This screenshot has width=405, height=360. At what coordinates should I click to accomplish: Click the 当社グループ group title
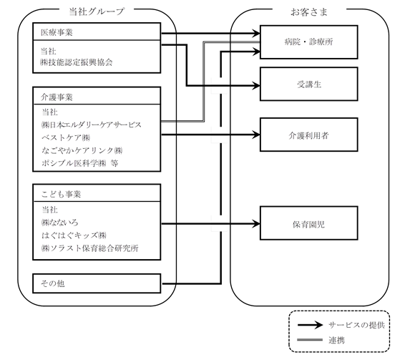(97, 11)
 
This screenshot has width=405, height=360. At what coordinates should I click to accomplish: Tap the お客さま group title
(309, 12)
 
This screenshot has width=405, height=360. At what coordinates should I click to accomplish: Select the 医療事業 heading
(57, 32)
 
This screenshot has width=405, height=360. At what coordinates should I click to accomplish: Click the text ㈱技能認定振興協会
(77, 62)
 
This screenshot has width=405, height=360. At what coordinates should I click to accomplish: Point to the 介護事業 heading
(57, 97)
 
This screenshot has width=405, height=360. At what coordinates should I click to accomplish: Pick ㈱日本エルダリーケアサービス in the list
(92, 125)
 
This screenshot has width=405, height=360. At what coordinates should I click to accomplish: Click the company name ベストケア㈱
(66, 137)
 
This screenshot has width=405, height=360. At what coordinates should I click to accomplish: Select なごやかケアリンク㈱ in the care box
(82, 150)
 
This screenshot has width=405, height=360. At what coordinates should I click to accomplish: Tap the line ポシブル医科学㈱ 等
(80, 163)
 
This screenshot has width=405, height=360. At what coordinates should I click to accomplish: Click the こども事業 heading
(61, 194)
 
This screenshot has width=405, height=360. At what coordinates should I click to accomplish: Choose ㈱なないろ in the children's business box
(59, 223)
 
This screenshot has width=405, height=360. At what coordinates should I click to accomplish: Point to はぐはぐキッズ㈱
(74, 235)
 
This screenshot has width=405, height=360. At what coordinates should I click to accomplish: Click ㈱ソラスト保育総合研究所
(90, 248)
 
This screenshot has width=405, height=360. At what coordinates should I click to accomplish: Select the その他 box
(97, 283)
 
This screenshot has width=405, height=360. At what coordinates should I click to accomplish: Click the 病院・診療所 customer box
(309, 42)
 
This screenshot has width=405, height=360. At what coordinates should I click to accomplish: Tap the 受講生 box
(309, 84)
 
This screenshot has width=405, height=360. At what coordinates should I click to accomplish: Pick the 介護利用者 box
(309, 135)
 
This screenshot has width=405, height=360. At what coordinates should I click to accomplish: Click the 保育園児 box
(309, 223)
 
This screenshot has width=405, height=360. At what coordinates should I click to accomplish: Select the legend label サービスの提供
(356, 325)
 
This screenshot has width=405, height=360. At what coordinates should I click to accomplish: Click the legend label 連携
(336, 340)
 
